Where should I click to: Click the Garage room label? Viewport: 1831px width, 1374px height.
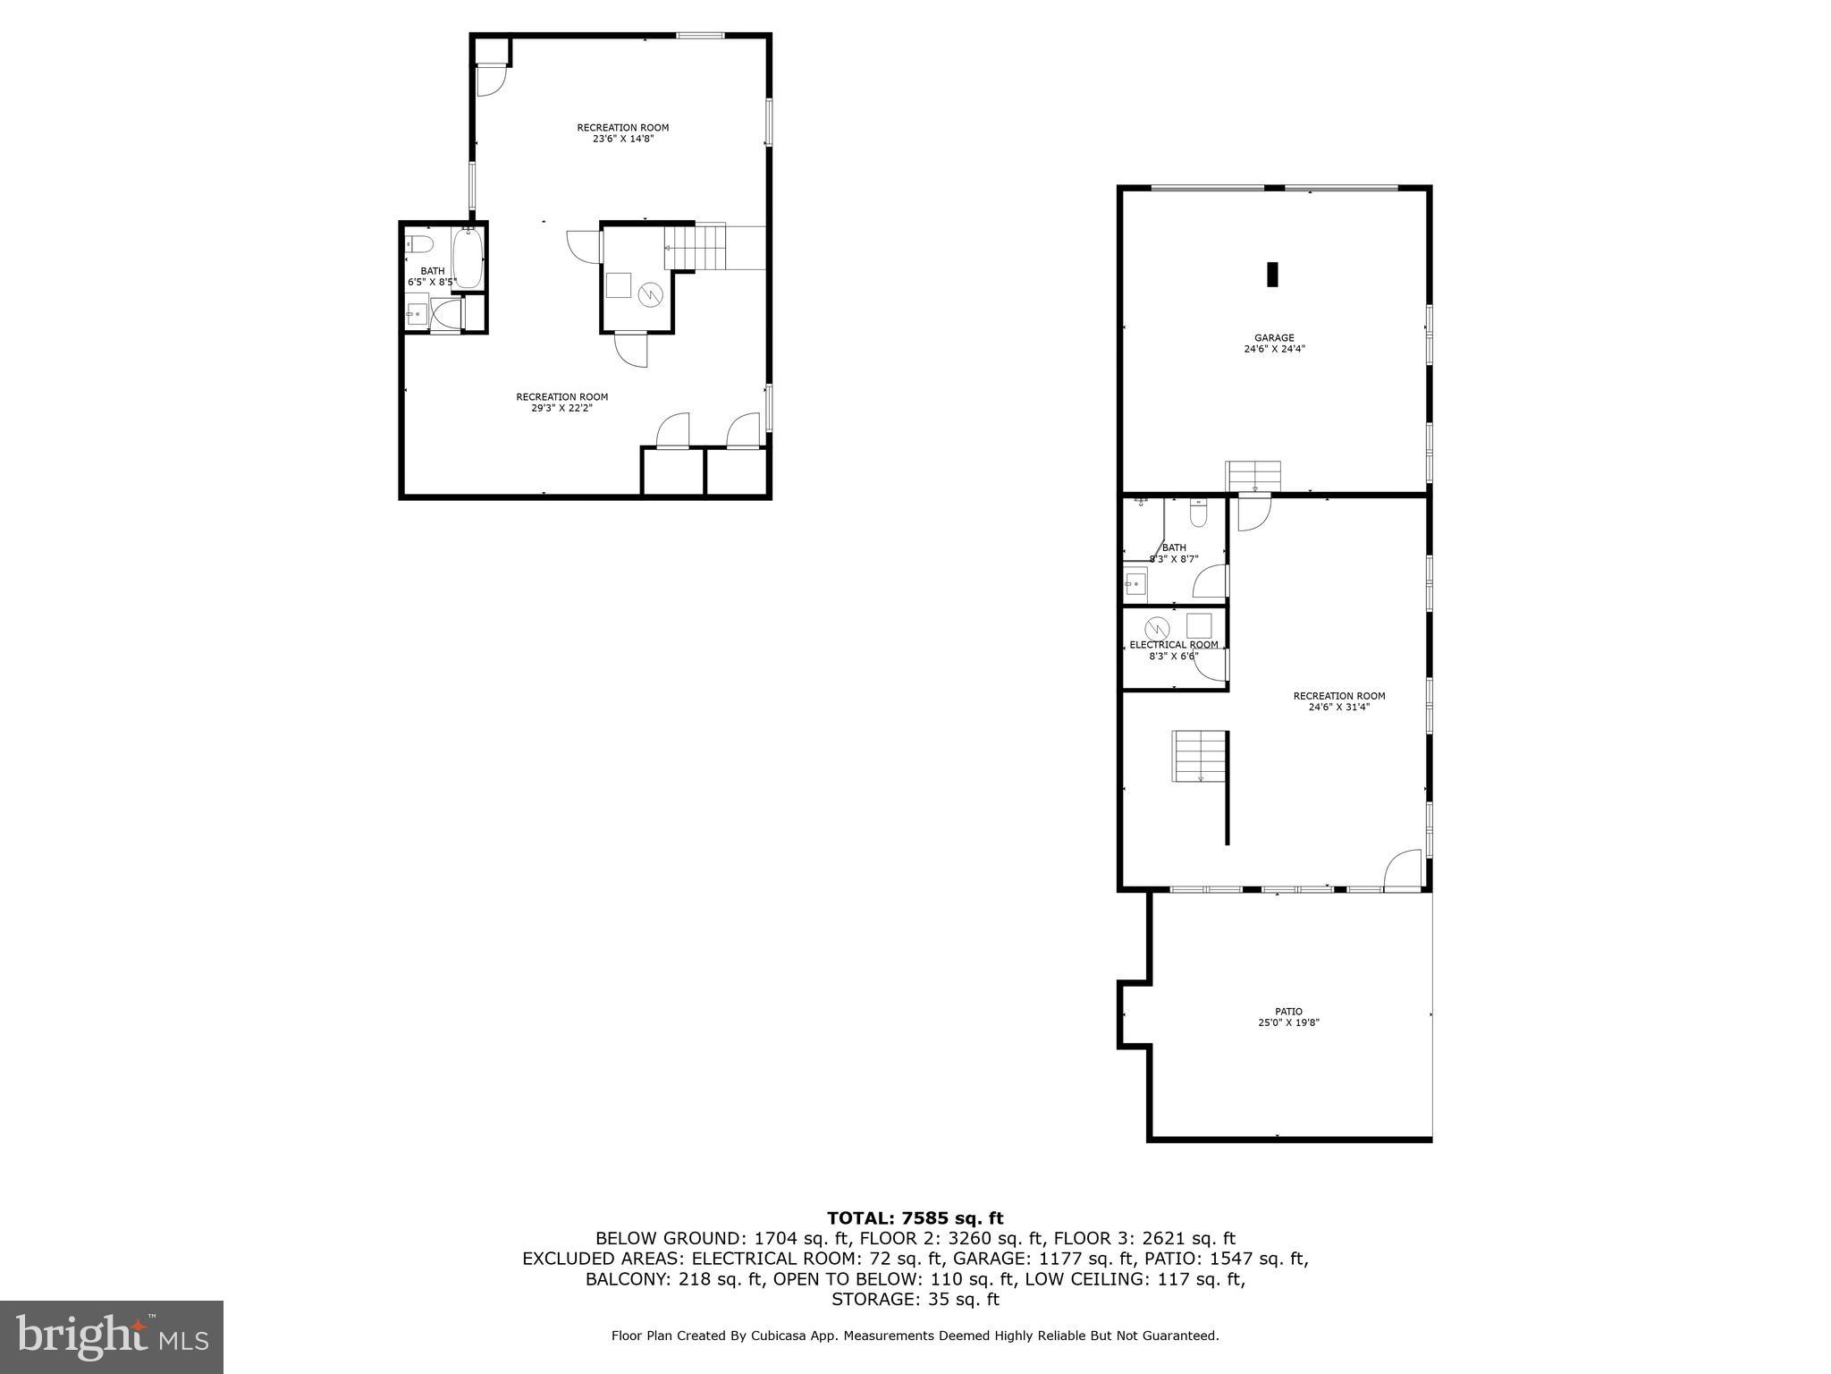tap(1274, 343)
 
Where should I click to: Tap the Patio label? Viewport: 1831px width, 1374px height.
tap(1288, 1017)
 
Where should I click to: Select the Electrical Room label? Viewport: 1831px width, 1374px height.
tap(1173, 645)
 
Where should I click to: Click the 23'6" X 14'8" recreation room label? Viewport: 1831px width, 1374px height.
tap(622, 132)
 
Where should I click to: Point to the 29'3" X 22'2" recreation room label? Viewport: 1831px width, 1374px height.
tap(561, 403)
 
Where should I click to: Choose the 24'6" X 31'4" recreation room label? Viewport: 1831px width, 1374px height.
tap(1338, 701)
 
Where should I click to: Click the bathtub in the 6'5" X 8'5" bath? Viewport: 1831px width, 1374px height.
tap(468, 258)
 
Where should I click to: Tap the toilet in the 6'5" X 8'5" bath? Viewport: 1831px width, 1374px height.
tap(419, 243)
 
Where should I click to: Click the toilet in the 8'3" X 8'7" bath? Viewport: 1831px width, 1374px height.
tap(1199, 514)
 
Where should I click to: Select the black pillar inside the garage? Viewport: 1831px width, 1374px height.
tap(1272, 274)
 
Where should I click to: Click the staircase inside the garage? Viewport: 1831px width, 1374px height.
tap(1253, 475)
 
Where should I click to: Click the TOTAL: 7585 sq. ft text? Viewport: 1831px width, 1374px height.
tap(915, 1217)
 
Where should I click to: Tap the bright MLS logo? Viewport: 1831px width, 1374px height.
tap(112, 1336)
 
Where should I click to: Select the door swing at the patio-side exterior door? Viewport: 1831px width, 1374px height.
tap(1402, 869)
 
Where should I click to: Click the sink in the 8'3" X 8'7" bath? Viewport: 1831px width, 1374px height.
tap(1135, 584)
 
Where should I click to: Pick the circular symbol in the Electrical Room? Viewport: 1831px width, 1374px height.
tap(1157, 628)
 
